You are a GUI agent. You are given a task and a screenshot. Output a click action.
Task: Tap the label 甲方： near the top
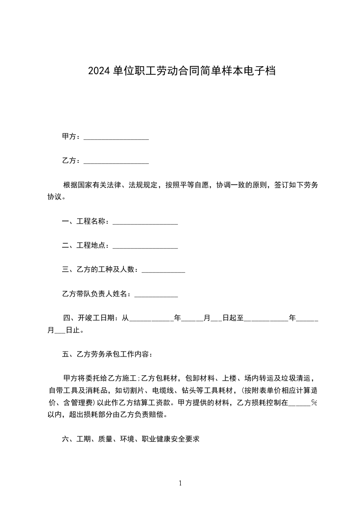click(72, 136)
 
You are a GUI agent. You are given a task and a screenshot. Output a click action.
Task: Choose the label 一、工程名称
click(85, 221)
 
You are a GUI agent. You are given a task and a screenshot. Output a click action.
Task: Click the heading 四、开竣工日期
click(91, 318)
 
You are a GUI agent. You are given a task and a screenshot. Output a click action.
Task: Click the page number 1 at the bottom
click(180, 484)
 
